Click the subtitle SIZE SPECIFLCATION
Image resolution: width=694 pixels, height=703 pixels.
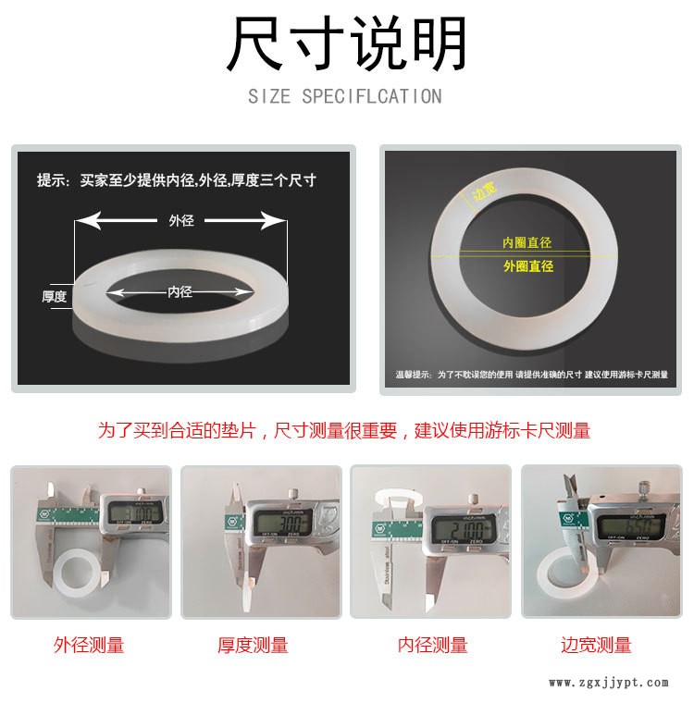click(x=345, y=96)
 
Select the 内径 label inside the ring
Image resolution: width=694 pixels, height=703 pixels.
click(x=180, y=291)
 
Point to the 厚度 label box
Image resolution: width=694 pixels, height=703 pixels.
click(x=55, y=296)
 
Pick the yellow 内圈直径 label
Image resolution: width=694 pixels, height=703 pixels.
click(x=527, y=242)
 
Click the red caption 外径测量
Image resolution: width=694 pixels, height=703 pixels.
click(x=89, y=645)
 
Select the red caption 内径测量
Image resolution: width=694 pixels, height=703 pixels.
click(x=432, y=645)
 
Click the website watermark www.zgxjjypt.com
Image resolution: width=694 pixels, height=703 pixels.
click(x=608, y=684)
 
